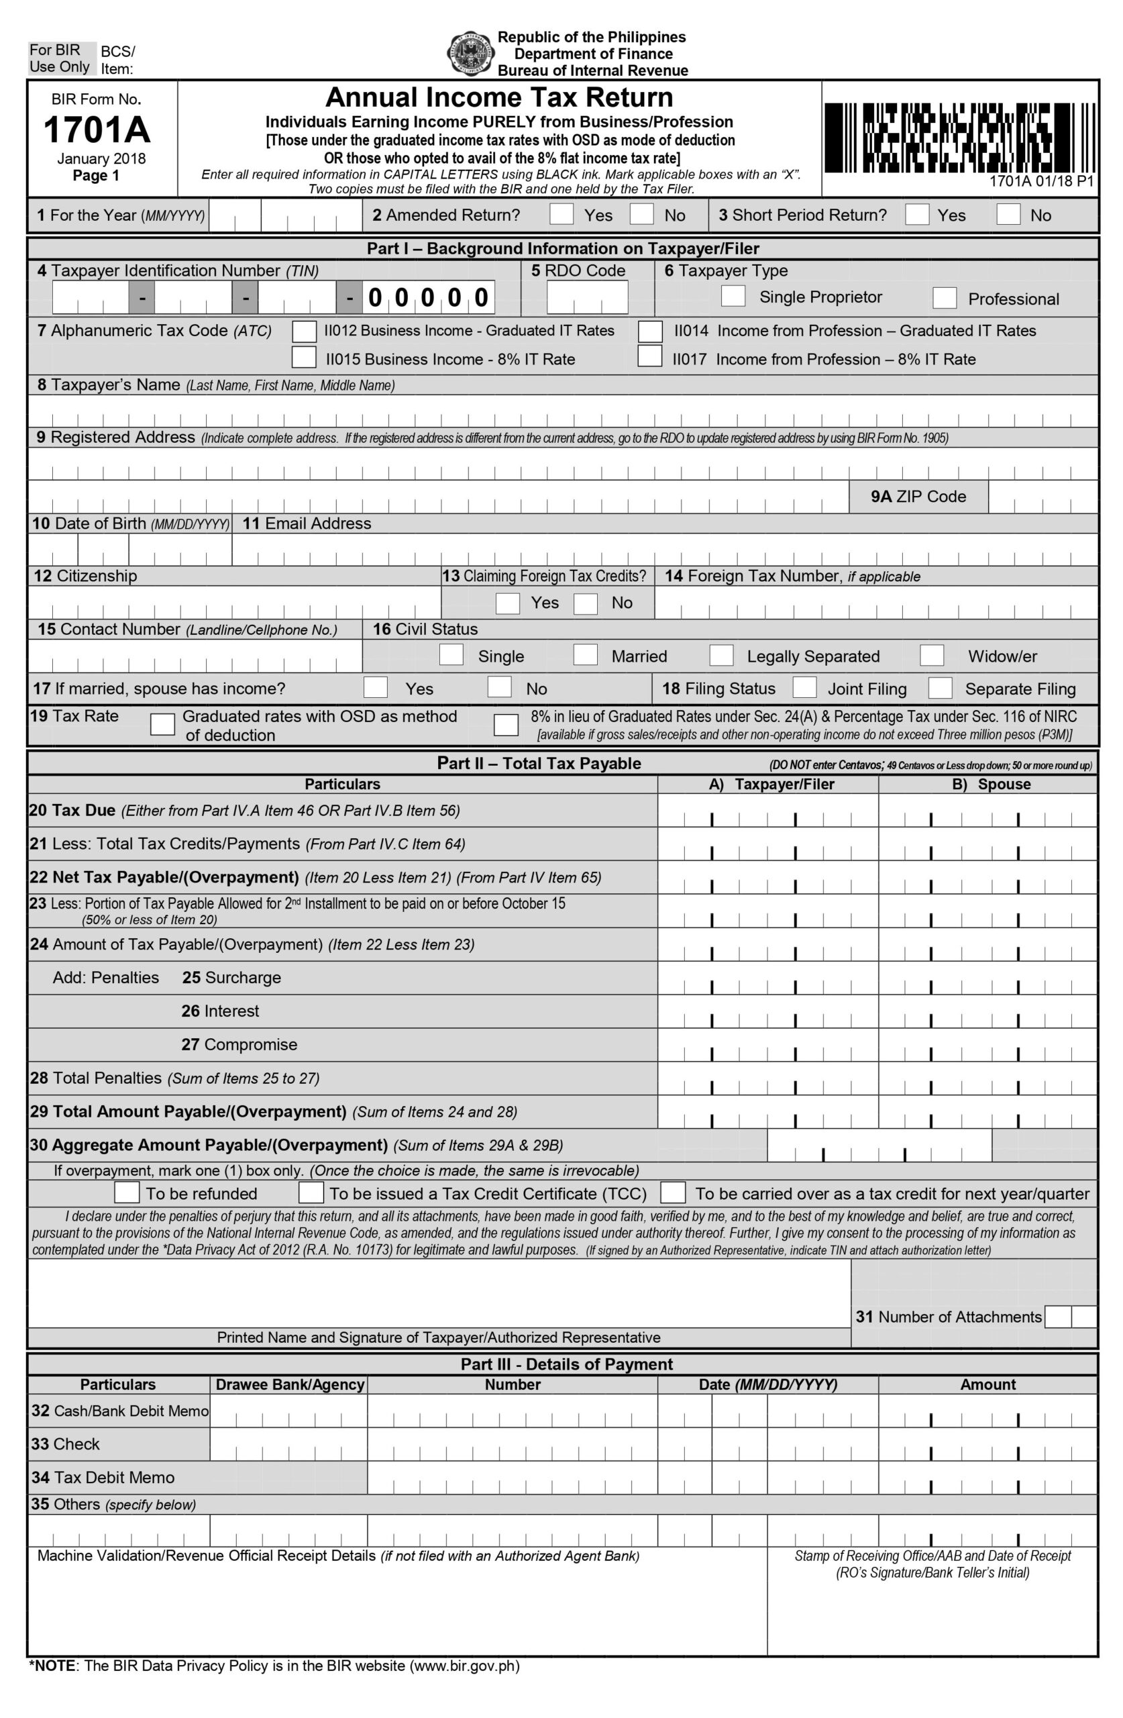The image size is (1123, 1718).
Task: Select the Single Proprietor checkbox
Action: click(x=733, y=296)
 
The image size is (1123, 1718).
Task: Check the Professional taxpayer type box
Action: click(x=945, y=297)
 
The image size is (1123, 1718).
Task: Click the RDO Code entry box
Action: click(x=587, y=297)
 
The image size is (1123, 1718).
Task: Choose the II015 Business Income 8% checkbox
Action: click(x=304, y=357)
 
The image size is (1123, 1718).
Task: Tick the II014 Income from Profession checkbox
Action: click(x=650, y=331)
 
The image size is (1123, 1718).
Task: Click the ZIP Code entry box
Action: click(x=1042, y=497)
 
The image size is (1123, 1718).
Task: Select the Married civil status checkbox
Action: click(x=586, y=655)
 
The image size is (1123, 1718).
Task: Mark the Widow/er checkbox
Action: click(x=932, y=655)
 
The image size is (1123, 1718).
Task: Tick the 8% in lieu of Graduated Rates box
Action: click(x=506, y=724)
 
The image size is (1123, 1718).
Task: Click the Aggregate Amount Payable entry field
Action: click(x=879, y=1145)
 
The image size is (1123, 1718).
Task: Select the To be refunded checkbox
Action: click(x=127, y=1193)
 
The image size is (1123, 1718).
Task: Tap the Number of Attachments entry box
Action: click(x=1070, y=1317)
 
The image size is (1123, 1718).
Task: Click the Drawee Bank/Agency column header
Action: click(x=289, y=1384)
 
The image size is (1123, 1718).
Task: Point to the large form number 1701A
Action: click(x=97, y=130)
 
